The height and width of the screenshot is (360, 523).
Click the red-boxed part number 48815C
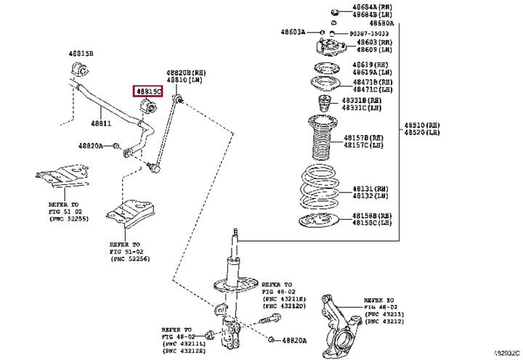click(x=148, y=91)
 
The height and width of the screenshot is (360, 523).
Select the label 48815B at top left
click(x=81, y=54)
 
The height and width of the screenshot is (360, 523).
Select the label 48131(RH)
click(x=368, y=187)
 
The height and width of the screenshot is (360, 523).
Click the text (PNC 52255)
click(x=70, y=218)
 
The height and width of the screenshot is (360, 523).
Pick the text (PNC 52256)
click(x=131, y=257)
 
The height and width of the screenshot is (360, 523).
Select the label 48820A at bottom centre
click(x=294, y=339)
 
